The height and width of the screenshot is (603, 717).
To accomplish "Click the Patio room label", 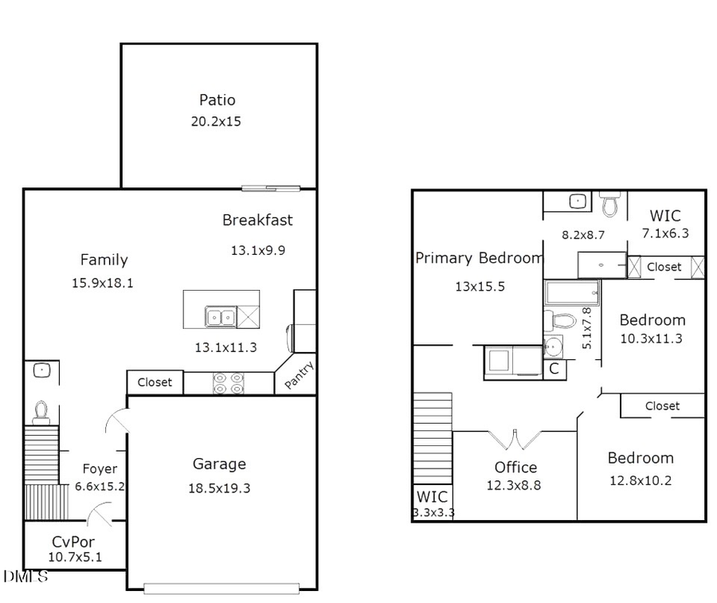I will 217,100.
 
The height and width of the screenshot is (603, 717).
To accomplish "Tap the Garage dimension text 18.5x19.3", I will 220,488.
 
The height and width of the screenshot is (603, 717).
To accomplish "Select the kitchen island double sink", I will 221,317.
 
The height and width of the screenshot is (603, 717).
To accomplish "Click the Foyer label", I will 100,469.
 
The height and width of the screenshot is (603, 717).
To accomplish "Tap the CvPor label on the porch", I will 73,542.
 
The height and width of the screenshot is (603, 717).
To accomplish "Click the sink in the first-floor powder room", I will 41,370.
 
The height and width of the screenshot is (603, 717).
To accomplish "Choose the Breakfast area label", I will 257,221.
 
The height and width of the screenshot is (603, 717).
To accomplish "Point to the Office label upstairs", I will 515,468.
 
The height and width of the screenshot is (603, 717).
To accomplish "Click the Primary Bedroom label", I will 479,258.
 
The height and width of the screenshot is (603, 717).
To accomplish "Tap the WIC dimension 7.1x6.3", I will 665,233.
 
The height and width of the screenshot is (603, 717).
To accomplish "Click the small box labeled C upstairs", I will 554,369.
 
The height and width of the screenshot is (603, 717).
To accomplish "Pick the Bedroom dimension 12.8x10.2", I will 641,480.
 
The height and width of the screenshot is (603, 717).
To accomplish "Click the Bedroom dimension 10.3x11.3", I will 652,339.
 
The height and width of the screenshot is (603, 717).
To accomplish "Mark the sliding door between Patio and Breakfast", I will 272,189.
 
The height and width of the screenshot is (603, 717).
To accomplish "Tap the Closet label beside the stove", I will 155,382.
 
